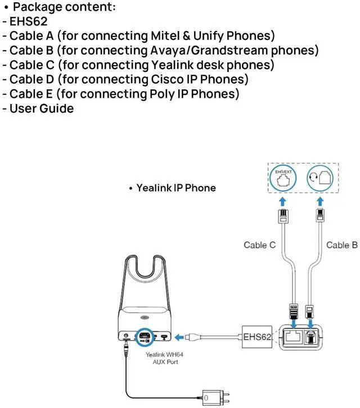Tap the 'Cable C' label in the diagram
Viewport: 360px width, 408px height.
[259, 244]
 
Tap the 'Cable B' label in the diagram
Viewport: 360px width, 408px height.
[341, 244]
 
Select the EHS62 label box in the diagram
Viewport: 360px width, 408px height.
[258, 337]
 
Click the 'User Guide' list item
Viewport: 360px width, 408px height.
[41, 108]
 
